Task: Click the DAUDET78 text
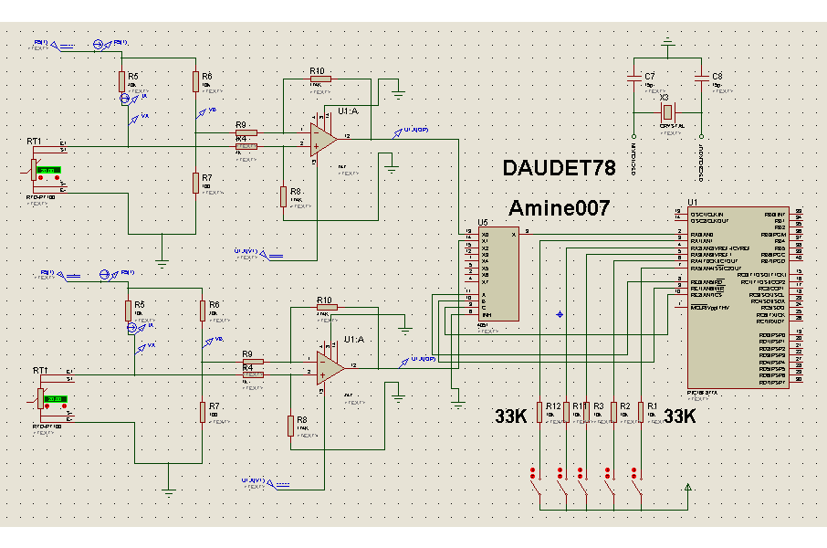tap(559, 168)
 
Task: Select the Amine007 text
tap(559, 208)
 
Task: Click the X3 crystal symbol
tap(666, 112)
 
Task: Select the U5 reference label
tap(483, 222)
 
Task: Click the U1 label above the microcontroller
tap(693, 202)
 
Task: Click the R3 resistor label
tap(599, 405)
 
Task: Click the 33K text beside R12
tap(511, 416)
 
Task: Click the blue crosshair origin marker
tap(559, 314)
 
